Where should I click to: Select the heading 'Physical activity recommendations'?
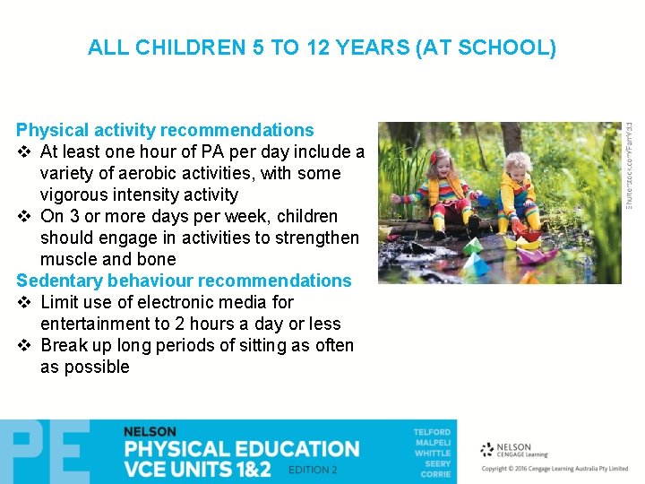tap(165, 130)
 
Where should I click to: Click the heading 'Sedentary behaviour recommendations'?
tap(184, 281)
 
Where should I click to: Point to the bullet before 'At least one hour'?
tap(24, 152)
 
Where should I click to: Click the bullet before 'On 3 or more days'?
tap(24, 217)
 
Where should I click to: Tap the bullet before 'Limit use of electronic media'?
tap(24, 303)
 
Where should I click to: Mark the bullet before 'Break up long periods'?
tap(24, 346)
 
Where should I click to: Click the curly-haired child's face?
tap(517, 175)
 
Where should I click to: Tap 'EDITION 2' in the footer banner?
tap(313, 470)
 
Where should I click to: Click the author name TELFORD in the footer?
tap(432, 433)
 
